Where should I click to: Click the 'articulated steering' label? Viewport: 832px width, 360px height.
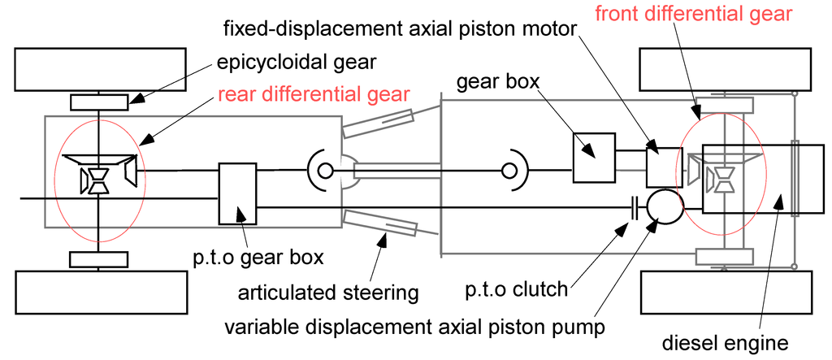coord(327,292)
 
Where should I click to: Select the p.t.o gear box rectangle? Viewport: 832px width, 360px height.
coord(237,193)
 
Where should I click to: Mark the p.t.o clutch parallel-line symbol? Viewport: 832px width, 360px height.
coord(633,207)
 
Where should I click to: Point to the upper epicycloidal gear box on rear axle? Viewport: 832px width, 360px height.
coord(98,102)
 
